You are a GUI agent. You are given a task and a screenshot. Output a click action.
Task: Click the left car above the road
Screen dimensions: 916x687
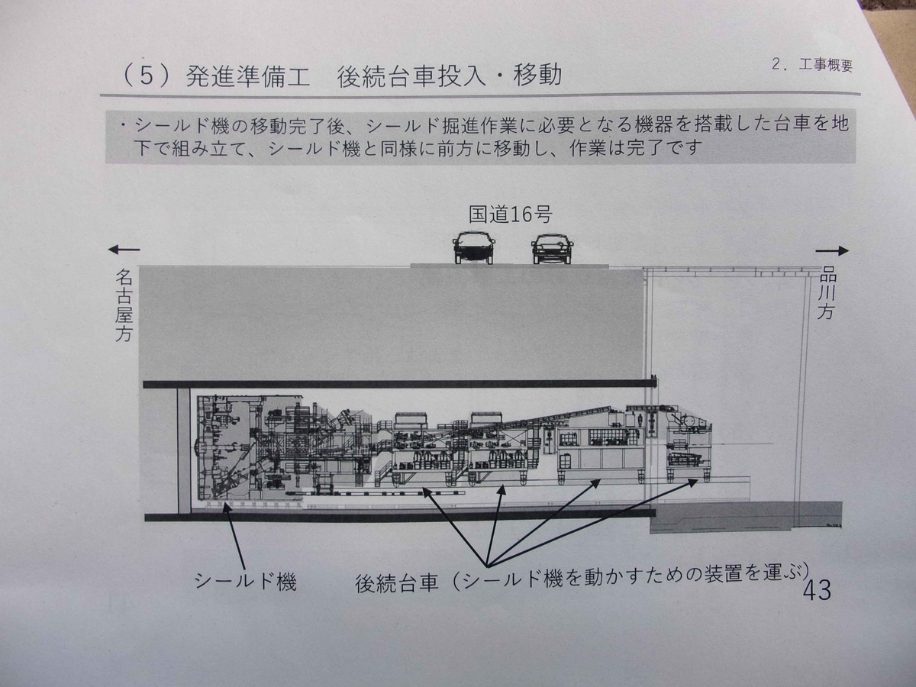(474, 247)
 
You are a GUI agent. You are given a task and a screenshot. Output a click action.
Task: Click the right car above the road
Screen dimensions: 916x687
(553, 248)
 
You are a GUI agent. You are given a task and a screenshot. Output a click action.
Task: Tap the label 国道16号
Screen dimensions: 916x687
(509, 214)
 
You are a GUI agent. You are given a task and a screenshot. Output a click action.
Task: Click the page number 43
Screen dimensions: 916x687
(816, 590)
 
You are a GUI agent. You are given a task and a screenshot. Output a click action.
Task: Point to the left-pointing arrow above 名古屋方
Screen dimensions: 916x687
(124, 249)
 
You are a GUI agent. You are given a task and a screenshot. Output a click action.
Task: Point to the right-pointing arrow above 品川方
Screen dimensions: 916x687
(832, 250)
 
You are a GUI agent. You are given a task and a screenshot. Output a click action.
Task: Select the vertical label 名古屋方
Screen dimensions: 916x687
(124, 304)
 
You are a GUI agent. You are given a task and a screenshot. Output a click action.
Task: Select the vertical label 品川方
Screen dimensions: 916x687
(826, 292)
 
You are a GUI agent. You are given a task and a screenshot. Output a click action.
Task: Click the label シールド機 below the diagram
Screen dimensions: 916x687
(245, 582)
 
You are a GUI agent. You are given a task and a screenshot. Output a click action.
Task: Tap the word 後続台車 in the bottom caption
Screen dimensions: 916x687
(397, 584)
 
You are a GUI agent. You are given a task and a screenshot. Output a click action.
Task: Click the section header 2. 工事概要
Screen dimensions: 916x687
(811, 65)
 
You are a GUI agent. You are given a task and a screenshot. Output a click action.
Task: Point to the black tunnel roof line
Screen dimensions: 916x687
(397, 383)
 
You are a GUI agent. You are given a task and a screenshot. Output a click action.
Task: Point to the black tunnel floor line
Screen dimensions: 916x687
(397, 517)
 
